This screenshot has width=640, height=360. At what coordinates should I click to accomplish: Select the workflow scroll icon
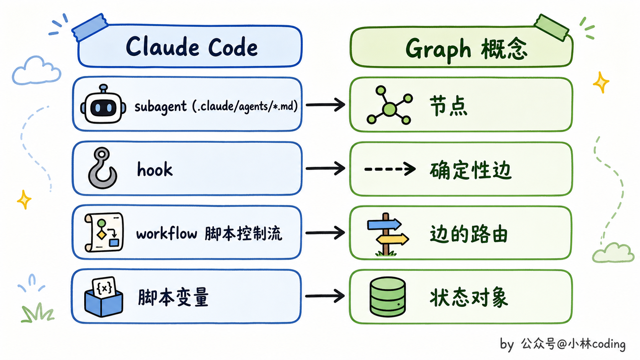[x=104, y=232]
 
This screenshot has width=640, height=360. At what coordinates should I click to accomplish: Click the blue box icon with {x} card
[x=104, y=297]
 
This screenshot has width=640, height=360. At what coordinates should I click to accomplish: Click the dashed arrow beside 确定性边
[x=390, y=169]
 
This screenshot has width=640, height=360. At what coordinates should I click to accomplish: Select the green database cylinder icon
[x=387, y=297]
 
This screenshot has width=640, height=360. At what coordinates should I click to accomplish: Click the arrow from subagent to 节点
[x=325, y=105]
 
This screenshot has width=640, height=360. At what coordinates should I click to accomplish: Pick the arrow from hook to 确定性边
[x=325, y=168]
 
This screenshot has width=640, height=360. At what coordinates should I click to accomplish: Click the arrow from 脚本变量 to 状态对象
[x=325, y=296]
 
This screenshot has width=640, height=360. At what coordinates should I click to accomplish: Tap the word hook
[x=155, y=169]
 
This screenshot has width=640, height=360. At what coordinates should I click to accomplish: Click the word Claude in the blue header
[x=162, y=47]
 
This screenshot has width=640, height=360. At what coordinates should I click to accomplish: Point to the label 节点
[x=448, y=106]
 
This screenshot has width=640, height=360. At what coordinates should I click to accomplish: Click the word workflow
[x=167, y=233]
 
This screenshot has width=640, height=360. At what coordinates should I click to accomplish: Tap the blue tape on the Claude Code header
[x=90, y=27]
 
